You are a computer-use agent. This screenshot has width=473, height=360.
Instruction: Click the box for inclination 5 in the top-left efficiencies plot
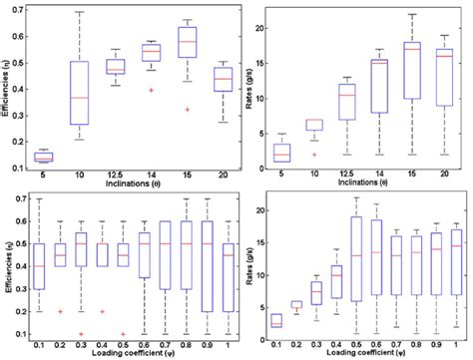click(x=44, y=157)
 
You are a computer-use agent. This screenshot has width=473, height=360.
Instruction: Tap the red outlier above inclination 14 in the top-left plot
click(x=152, y=90)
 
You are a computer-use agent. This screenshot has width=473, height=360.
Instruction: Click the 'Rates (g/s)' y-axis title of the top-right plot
click(x=242, y=90)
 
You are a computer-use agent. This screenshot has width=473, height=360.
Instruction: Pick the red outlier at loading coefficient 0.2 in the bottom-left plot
click(x=63, y=311)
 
